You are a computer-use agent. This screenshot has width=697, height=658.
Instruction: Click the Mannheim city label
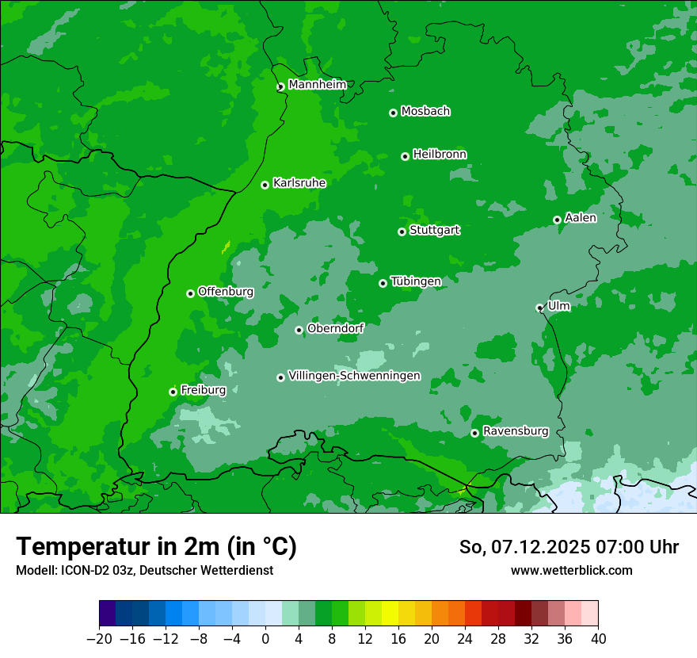pos(317,85)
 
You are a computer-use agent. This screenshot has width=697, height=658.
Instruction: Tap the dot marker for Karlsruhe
pos(265,185)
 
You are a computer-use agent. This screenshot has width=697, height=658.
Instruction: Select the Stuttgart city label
pos(434,230)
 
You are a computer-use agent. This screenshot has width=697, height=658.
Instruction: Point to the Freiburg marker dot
pos(173,392)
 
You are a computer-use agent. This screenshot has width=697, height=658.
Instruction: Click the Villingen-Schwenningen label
pos(354,376)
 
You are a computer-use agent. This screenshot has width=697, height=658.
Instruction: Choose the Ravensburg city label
pos(515,431)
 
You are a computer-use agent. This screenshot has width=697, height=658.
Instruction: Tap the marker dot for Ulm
pos(539,308)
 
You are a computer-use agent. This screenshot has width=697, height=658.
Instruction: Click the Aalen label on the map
pos(580,218)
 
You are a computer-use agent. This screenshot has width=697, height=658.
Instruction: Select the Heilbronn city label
pos(440,155)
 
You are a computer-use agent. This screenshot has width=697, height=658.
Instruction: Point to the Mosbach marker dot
pos(393,113)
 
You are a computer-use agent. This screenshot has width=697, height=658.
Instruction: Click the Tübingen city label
pos(416,281)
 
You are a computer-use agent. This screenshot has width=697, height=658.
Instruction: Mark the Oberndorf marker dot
pos(299,330)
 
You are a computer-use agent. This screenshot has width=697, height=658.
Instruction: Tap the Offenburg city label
pos(226,292)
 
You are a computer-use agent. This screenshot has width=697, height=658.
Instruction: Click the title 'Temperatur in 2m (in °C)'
pos(156,547)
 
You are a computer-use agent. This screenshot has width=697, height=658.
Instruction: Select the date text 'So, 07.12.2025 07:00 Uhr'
pos(569,547)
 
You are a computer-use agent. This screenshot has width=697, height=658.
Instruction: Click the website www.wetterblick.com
pos(571,570)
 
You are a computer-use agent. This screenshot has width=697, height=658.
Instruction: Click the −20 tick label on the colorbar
pos(99,639)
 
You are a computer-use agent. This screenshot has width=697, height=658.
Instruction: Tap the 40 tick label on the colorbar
pos(598,639)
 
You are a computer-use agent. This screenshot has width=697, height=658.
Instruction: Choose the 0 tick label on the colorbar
pos(265,639)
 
